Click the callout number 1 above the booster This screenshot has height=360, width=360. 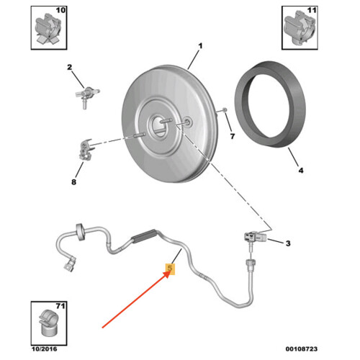pos(200,46)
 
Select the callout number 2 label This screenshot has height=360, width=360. pos(71,68)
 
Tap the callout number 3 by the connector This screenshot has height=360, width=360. pos(287,243)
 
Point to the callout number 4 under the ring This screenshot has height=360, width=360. pos(301,171)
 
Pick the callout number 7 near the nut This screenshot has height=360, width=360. pos(233,135)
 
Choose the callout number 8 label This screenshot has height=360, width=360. pos(73,182)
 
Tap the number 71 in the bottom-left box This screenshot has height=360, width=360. pos(60,306)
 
